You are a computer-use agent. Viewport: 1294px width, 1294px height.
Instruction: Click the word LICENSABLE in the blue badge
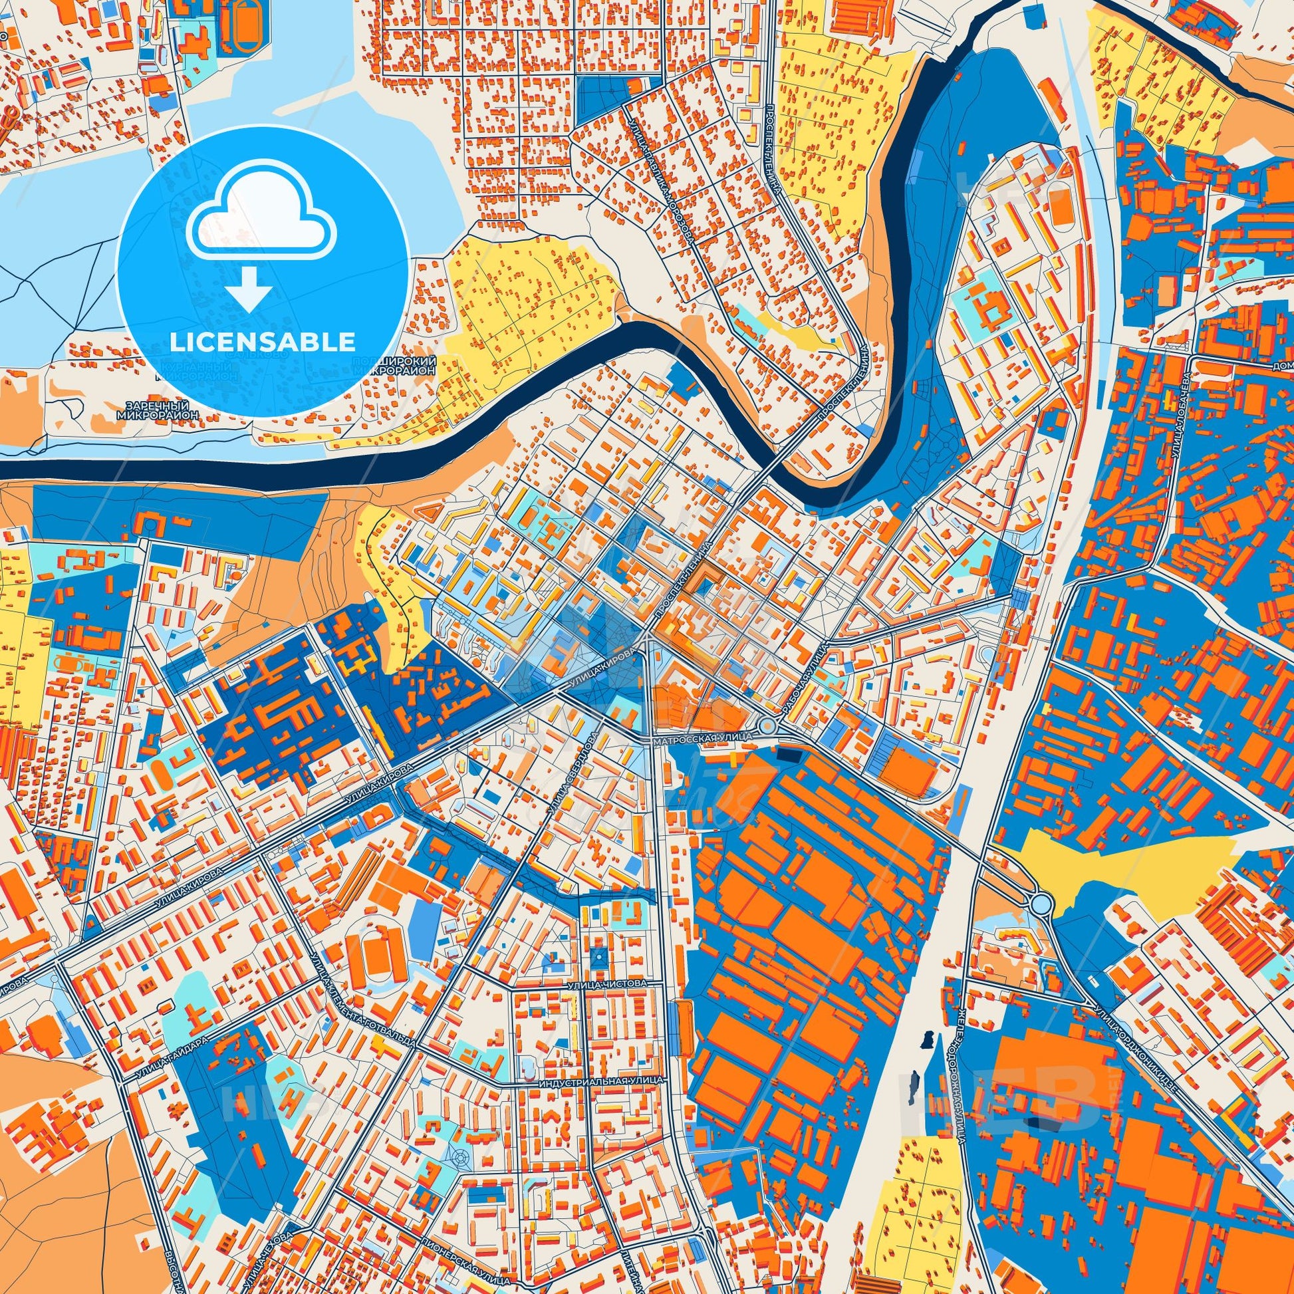[x=263, y=342]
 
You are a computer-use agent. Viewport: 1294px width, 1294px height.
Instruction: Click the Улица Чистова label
[x=608, y=985]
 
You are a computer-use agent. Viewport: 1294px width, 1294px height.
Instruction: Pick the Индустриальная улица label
[x=601, y=1082]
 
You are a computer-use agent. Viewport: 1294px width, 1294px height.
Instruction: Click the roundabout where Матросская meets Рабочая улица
[x=768, y=726]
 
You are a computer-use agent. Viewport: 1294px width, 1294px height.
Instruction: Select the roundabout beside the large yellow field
[x=1041, y=905]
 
